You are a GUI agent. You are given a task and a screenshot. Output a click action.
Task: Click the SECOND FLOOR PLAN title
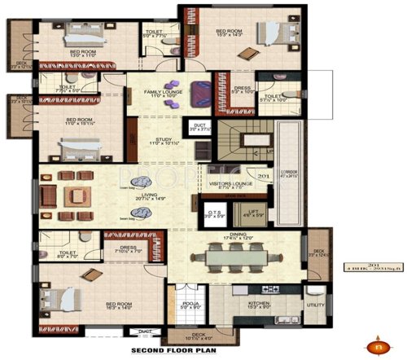172,352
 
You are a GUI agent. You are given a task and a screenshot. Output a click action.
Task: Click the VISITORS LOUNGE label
232,184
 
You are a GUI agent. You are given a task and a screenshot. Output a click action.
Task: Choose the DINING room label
243,237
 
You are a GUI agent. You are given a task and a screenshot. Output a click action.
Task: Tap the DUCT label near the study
199,125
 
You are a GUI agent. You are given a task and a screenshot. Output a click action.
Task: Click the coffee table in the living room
80,196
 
